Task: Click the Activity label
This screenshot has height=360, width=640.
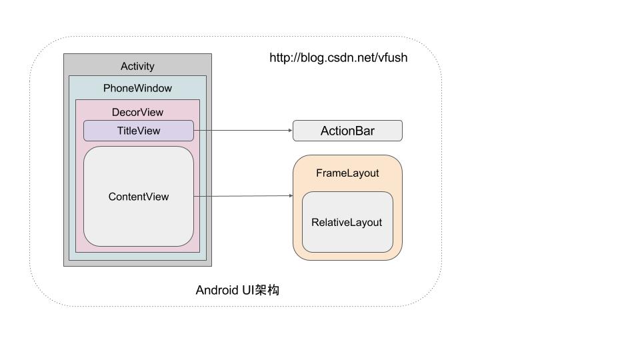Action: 137,66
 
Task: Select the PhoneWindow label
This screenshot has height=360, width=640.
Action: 137,88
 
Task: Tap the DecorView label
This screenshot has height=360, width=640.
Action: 137,112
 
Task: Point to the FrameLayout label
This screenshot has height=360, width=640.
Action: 347,173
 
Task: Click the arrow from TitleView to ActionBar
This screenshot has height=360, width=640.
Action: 243,131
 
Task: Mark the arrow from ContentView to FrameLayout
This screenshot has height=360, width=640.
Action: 243,196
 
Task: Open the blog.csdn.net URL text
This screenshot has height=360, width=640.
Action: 338,57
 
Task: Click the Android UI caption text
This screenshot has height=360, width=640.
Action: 237,290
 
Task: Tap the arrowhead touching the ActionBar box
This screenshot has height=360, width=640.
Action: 290,131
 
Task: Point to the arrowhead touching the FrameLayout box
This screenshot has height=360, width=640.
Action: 290,195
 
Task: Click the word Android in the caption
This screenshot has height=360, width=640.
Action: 215,290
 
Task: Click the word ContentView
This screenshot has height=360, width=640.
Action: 139,197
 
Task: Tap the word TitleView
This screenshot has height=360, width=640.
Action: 139,131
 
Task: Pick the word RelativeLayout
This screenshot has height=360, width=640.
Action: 347,222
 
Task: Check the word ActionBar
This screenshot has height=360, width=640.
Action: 347,131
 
